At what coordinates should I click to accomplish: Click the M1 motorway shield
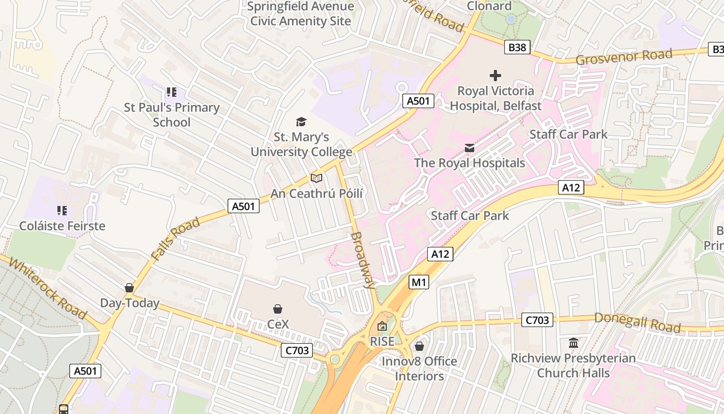pyautogui.click(x=419, y=282)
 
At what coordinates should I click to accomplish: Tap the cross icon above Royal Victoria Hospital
pyautogui.click(x=495, y=76)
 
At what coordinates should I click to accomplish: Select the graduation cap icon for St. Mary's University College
pyautogui.click(x=301, y=122)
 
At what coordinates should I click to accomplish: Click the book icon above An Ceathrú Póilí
pyautogui.click(x=316, y=178)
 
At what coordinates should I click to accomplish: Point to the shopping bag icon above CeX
pyautogui.click(x=278, y=309)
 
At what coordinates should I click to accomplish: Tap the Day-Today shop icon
pyautogui.click(x=129, y=288)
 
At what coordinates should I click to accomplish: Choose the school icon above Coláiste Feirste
pyautogui.click(x=62, y=211)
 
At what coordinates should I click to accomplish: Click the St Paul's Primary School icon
pyautogui.click(x=172, y=93)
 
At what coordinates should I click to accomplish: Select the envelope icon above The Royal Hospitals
pyautogui.click(x=470, y=148)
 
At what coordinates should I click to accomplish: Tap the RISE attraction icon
pyautogui.click(x=382, y=327)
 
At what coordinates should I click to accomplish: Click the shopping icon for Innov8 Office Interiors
pyautogui.click(x=419, y=346)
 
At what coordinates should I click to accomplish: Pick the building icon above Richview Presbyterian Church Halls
pyautogui.click(x=574, y=343)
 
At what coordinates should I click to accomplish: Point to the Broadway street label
pyautogui.click(x=363, y=259)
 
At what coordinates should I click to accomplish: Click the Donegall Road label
pyautogui.click(x=637, y=322)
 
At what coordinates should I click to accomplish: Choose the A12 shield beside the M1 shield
pyautogui.click(x=440, y=254)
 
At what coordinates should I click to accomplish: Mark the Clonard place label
pyautogui.click(x=489, y=6)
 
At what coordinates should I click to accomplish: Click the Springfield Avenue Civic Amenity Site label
pyautogui.click(x=300, y=14)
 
